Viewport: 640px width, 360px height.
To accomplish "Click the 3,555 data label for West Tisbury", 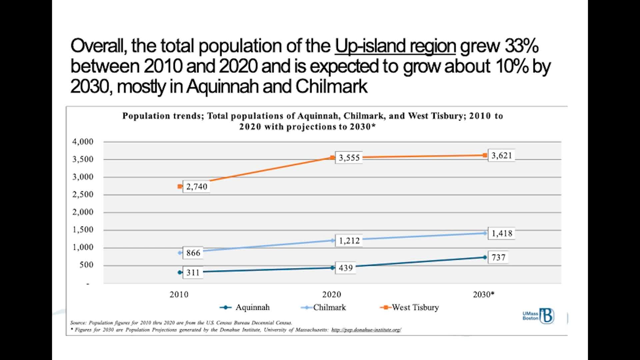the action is click(x=349, y=157).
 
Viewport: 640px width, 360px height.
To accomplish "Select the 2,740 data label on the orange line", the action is click(x=197, y=187).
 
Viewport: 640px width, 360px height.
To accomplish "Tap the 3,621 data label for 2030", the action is click(x=501, y=155).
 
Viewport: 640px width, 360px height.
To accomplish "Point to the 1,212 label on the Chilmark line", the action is click(x=349, y=240).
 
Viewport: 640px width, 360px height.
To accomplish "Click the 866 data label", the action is click(x=193, y=253).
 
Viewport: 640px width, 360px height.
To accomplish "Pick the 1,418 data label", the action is click(x=501, y=233).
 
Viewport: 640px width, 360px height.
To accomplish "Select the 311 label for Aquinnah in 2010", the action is click(x=193, y=273).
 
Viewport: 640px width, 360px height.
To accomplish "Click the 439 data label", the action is click(x=345, y=268).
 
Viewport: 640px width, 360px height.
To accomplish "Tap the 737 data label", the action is click(x=498, y=257).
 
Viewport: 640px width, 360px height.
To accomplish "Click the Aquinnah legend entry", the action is click(x=245, y=307).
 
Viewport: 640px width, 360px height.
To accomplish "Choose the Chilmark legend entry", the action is click(x=323, y=307).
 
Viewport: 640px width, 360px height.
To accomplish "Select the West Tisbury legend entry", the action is click(x=409, y=307).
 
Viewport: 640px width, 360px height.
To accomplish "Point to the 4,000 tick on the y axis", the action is click(x=83, y=142).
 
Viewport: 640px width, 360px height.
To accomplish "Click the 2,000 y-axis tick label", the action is click(x=83, y=212).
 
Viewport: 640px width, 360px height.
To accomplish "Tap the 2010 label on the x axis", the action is click(x=179, y=294).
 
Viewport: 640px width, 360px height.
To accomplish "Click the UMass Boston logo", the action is click(x=538, y=316).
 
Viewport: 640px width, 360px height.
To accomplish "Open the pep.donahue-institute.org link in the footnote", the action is click(x=366, y=330).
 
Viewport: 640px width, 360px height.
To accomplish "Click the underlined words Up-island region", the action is click(x=395, y=46).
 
